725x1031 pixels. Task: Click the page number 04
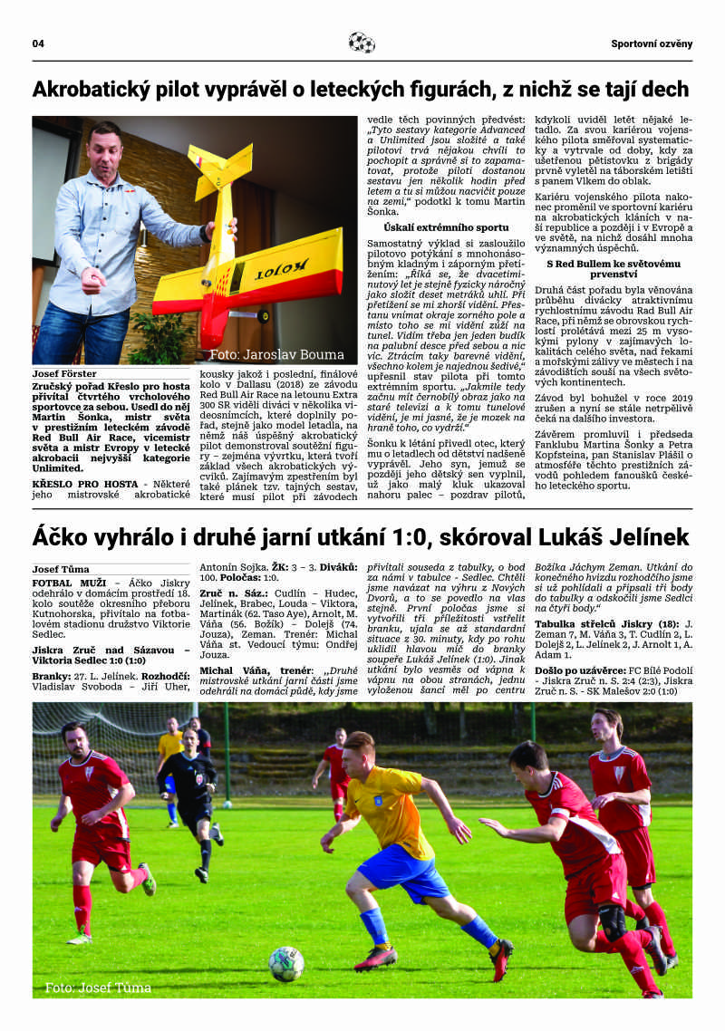(38, 43)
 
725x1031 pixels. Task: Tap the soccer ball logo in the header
(362, 43)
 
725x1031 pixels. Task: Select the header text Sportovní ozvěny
(651, 43)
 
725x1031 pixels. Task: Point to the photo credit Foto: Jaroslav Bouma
(276, 354)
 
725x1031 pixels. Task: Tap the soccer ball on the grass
(286, 964)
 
